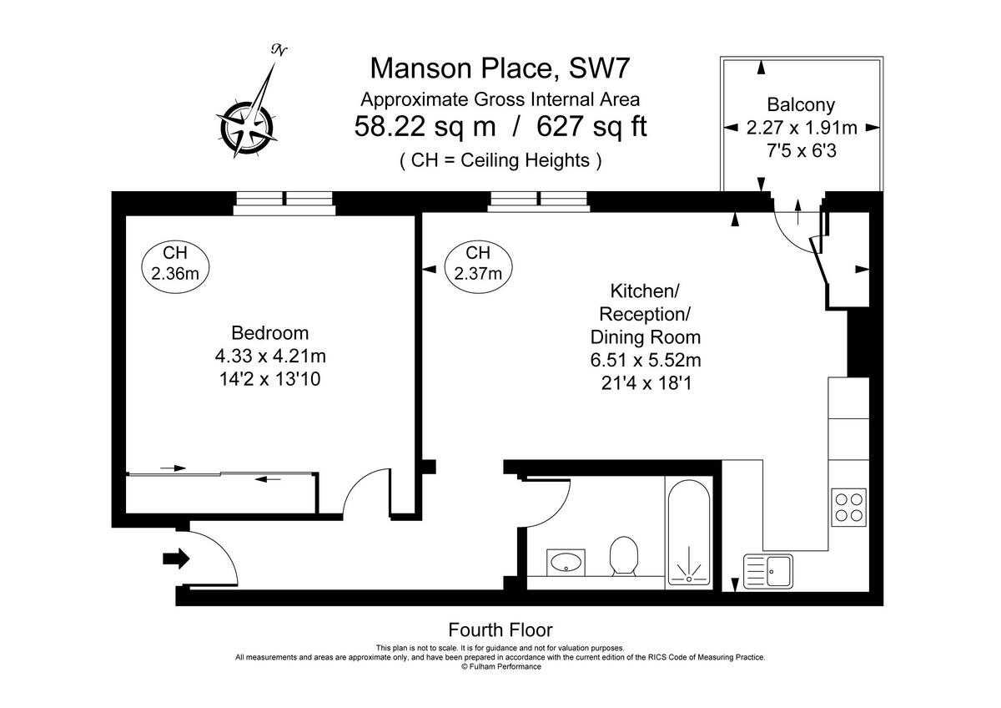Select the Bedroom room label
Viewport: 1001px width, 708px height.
click(269, 332)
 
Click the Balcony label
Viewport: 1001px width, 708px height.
click(800, 105)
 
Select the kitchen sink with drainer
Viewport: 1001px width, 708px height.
click(769, 573)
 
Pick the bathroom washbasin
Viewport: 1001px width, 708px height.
click(566, 563)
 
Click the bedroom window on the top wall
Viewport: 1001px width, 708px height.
click(284, 200)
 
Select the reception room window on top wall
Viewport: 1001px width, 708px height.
click(538, 200)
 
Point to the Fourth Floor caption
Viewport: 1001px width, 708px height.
click(500, 630)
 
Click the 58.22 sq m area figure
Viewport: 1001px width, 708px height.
click(425, 127)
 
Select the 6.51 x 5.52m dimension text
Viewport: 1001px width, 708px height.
click(645, 360)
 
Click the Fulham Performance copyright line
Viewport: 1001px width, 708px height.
click(500, 666)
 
